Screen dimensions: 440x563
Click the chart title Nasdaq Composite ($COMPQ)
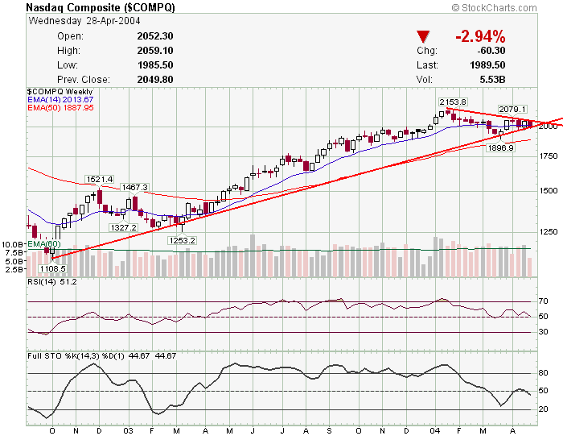tap(100, 7)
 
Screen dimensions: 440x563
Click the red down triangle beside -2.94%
tap(424, 37)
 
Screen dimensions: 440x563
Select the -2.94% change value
tap(480, 36)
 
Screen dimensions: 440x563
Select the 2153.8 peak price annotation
tap(453, 102)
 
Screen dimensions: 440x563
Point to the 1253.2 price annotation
tap(182, 240)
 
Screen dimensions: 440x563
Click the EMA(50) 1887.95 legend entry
tap(60, 107)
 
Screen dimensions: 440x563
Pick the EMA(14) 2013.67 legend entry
tap(60, 100)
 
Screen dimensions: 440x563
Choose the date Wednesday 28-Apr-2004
tap(74, 22)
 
